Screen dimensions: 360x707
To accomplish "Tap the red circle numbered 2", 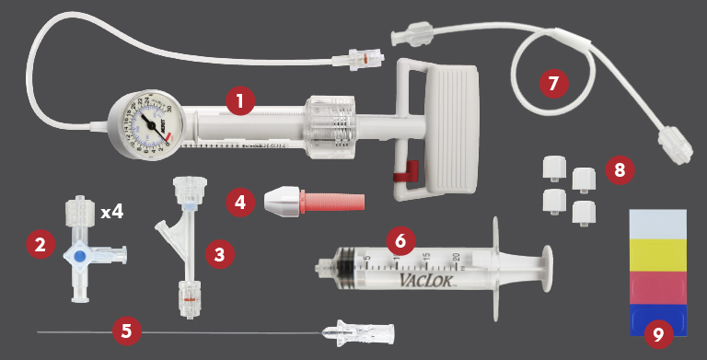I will [x=39, y=244].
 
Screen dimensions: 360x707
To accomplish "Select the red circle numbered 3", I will [x=218, y=253].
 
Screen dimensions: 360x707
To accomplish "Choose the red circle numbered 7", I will [x=552, y=83].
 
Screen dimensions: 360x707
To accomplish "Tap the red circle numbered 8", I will [x=619, y=169].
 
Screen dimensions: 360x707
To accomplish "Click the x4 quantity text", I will [x=111, y=212].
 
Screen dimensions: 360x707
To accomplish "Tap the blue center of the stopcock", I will [x=80, y=257].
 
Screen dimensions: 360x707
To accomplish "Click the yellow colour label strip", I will [x=657, y=254].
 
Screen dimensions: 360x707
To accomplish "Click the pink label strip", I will [x=657, y=287].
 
